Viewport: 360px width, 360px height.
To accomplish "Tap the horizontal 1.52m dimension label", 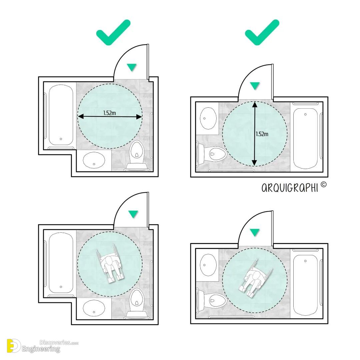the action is pos(109,113).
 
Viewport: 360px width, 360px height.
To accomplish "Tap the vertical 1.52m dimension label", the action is pos(262,134).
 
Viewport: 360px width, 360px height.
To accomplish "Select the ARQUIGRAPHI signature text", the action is pos(290,188).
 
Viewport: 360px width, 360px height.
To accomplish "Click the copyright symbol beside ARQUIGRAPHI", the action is pos(323,184).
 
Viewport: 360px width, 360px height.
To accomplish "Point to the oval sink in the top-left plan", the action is pos(94,160).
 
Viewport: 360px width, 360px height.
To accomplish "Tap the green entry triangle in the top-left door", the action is pos(132,67).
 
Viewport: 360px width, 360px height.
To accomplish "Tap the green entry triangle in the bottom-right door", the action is pos(255,232).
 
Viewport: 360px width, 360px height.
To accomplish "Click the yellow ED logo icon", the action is pos(14,346).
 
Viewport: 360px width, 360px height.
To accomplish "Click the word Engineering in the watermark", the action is pos(41,349).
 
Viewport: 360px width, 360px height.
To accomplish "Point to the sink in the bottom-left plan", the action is pos(94,308).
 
